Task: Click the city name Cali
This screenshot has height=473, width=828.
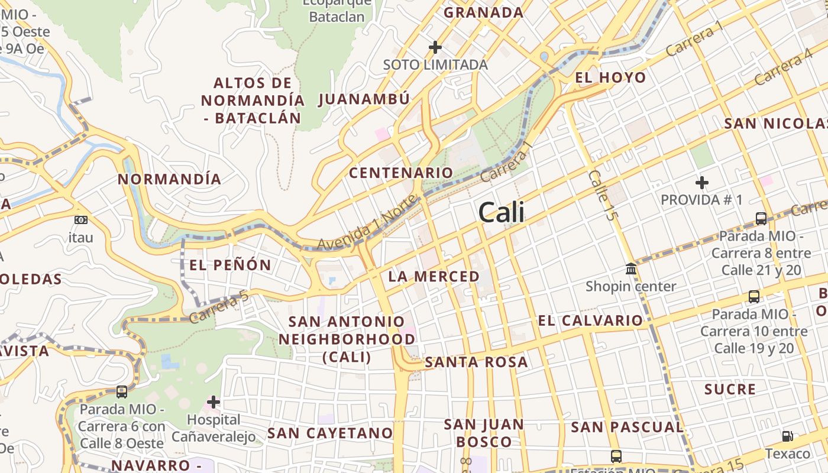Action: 501,212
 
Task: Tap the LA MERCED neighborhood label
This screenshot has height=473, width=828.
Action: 434,276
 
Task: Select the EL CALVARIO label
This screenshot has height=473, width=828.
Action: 590,320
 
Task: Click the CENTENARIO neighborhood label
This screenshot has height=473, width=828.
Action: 401,173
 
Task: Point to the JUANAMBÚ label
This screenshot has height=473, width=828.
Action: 364,99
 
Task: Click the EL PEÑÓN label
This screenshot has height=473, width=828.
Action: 230,265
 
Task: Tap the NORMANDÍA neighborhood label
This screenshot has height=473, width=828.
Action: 169,179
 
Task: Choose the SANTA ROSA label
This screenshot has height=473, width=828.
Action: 476,362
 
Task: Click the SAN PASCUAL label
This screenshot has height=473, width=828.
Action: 627,427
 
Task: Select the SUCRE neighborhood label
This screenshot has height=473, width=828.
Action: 730,389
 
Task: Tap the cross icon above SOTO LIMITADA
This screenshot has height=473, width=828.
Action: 435,47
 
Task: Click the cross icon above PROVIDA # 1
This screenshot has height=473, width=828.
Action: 702,183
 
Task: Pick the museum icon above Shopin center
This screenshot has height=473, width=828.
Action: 631,270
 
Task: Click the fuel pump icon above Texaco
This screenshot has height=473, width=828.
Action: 787,436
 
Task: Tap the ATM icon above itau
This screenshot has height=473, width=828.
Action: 81,220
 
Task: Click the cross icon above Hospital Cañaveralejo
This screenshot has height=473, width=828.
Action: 213,403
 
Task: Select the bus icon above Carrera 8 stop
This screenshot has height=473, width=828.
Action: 761,219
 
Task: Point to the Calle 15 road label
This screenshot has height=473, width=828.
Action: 603,195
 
